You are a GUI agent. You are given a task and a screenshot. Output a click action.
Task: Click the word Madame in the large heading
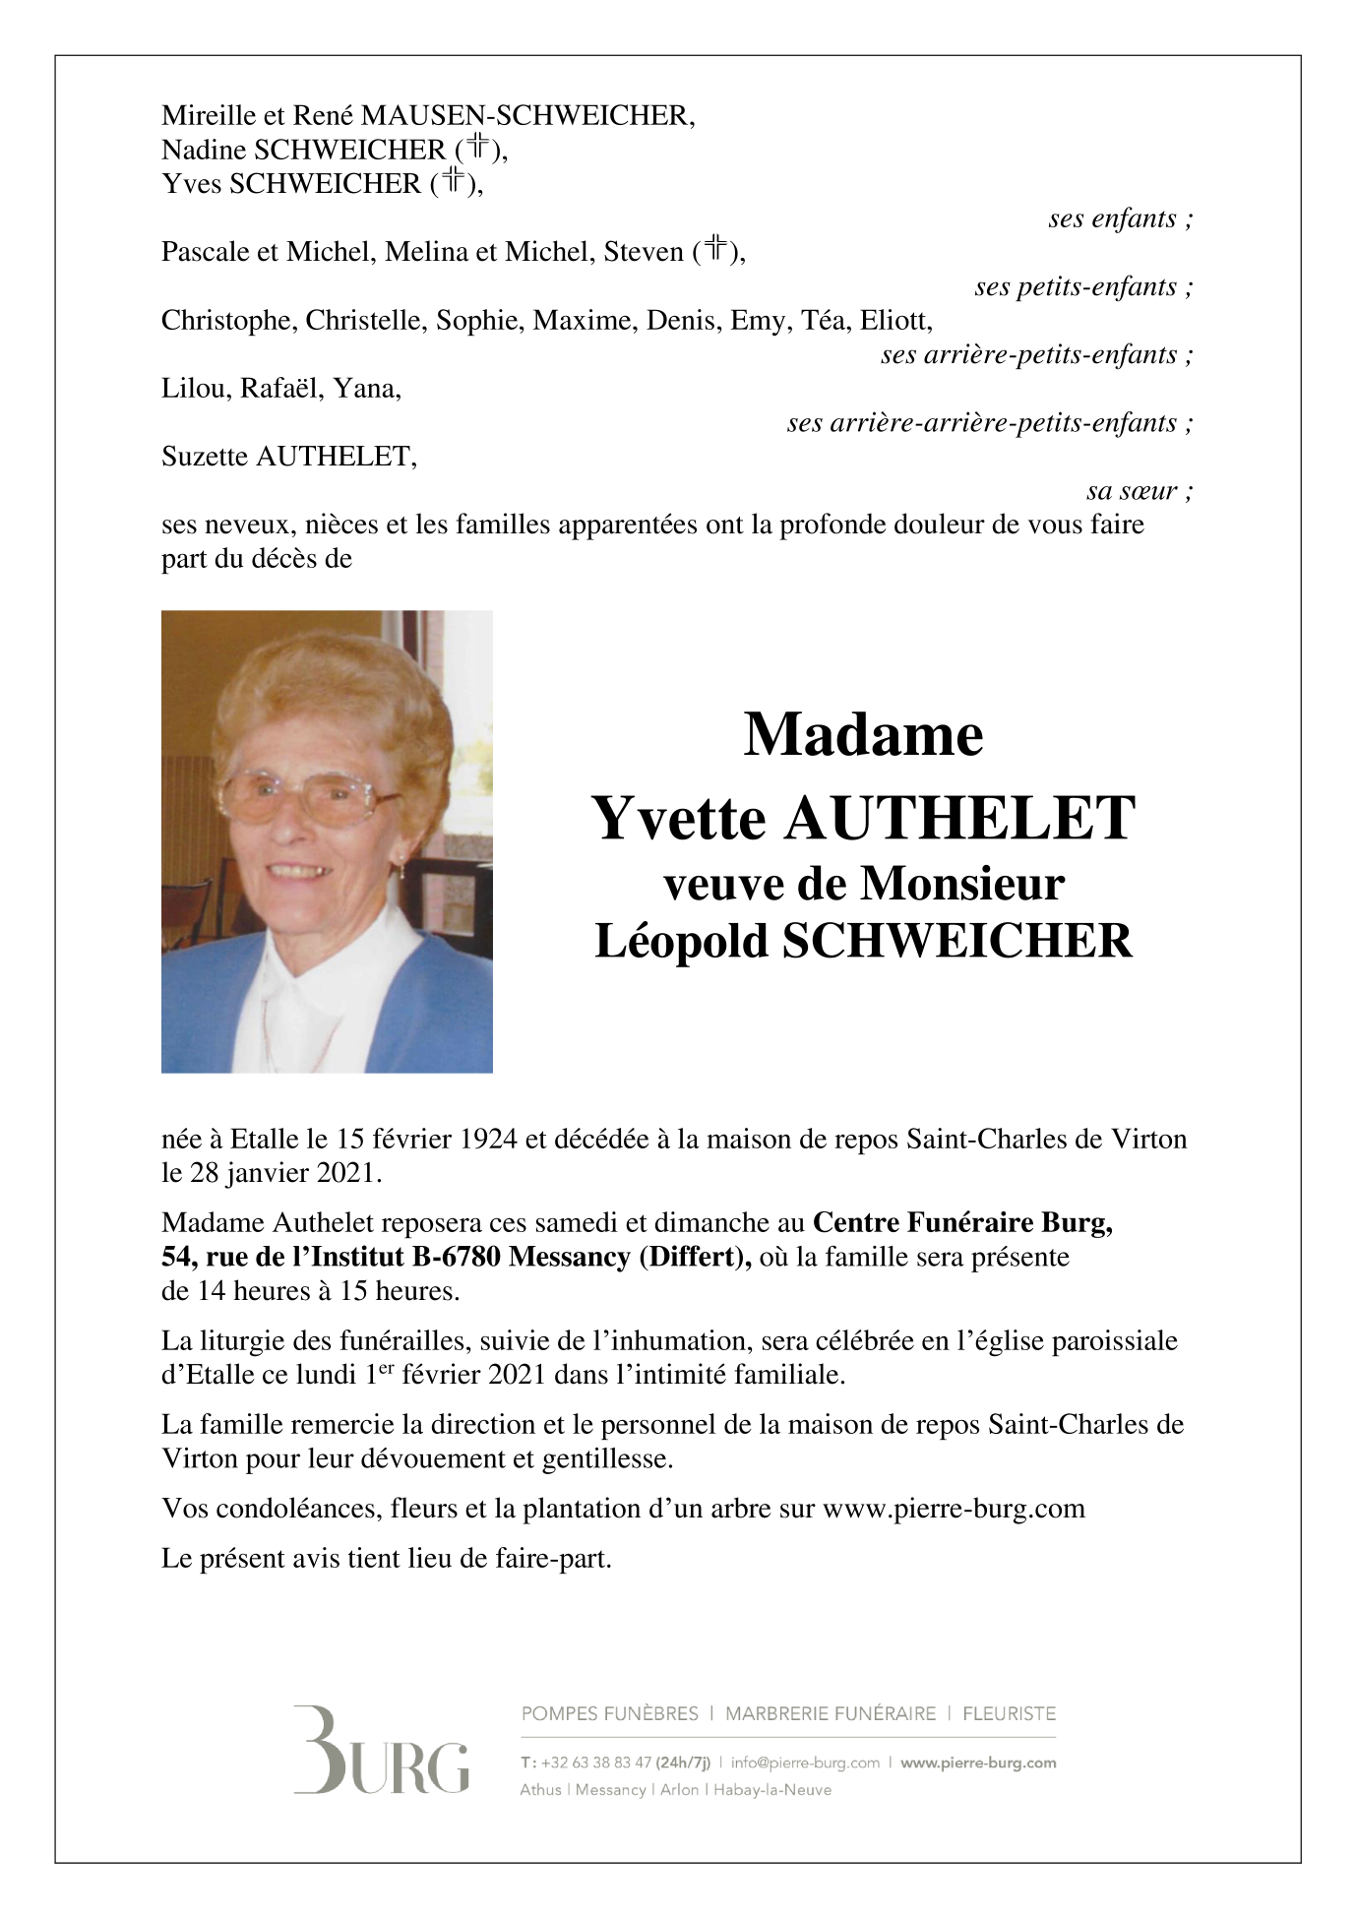863,734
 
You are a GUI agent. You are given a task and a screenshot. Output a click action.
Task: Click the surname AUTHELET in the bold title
959,819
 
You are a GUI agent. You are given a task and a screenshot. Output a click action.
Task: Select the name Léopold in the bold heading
681,941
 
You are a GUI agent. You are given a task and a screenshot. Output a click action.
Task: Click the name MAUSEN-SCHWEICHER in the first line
527,116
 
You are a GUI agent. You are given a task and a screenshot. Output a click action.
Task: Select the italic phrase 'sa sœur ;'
1140,490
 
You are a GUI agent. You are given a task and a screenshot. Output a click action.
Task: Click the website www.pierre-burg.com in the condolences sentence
954,1509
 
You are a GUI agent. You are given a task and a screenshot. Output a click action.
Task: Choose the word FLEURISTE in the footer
1009,1713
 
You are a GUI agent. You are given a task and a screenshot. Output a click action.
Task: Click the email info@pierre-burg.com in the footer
805,1763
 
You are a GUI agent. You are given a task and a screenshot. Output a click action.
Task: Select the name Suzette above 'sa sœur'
204,457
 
